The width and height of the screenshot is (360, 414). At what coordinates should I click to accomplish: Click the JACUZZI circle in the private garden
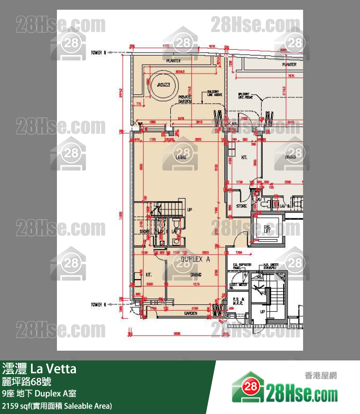(161, 84)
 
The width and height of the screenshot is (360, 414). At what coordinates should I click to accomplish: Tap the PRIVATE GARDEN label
(184, 99)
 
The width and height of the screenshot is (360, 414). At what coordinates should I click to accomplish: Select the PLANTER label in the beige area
(173, 61)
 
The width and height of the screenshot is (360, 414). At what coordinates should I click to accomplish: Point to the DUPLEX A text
(195, 260)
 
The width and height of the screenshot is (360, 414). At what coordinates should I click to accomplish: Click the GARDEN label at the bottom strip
(190, 313)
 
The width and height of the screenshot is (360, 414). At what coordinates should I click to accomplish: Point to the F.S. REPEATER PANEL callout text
(242, 266)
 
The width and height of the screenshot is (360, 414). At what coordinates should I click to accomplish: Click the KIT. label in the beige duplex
(149, 274)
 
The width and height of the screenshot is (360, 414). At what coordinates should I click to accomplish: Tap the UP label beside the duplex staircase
(190, 210)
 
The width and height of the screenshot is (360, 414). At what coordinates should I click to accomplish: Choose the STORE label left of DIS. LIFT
(242, 206)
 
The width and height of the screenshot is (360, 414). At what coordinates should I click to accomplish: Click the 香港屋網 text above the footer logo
(320, 375)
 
